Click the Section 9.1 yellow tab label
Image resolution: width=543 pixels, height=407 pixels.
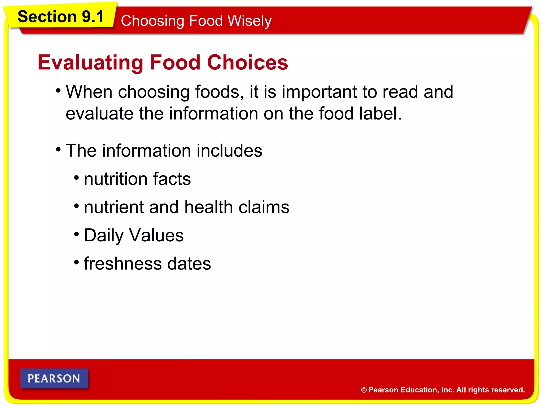pyautogui.click(x=60, y=17)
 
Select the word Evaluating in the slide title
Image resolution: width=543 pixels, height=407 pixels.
pyautogui.click(x=90, y=63)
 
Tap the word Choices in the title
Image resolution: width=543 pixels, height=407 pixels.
pyautogui.click(x=247, y=63)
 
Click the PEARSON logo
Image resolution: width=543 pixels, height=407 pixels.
pyautogui.click(x=54, y=378)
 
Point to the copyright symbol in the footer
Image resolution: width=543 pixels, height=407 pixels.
pyautogui.click(x=364, y=390)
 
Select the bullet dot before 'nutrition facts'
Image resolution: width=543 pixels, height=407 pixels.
pyautogui.click(x=77, y=178)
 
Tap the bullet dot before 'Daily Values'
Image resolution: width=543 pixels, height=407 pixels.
pyautogui.click(x=77, y=234)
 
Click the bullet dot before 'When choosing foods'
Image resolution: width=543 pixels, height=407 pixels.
pyautogui.click(x=58, y=91)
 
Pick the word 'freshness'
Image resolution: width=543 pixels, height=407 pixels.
pyautogui.click(x=122, y=264)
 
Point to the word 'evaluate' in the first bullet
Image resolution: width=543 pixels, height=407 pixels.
pyautogui.click(x=99, y=113)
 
